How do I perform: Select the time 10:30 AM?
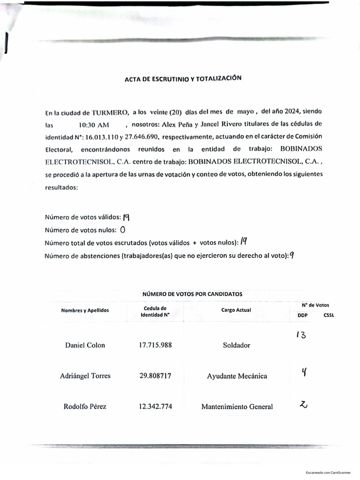pyautogui.click(x=94, y=125)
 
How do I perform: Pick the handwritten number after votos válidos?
pyautogui.click(x=126, y=217)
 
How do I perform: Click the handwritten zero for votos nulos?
pyautogui.click(x=123, y=230)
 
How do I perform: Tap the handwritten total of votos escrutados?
pyautogui.click(x=243, y=242)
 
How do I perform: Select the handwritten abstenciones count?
pyautogui.click(x=292, y=255)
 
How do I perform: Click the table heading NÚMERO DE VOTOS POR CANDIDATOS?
pyautogui.click(x=192, y=294)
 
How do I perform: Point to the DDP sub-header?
pyautogui.click(x=302, y=315)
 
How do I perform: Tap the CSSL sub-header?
pyautogui.click(x=329, y=315)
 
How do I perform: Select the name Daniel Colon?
pyautogui.click(x=85, y=345)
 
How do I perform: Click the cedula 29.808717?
pyautogui.click(x=155, y=376)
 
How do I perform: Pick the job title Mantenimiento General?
pyautogui.click(x=237, y=407)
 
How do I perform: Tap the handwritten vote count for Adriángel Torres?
pyautogui.click(x=304, y=373)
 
